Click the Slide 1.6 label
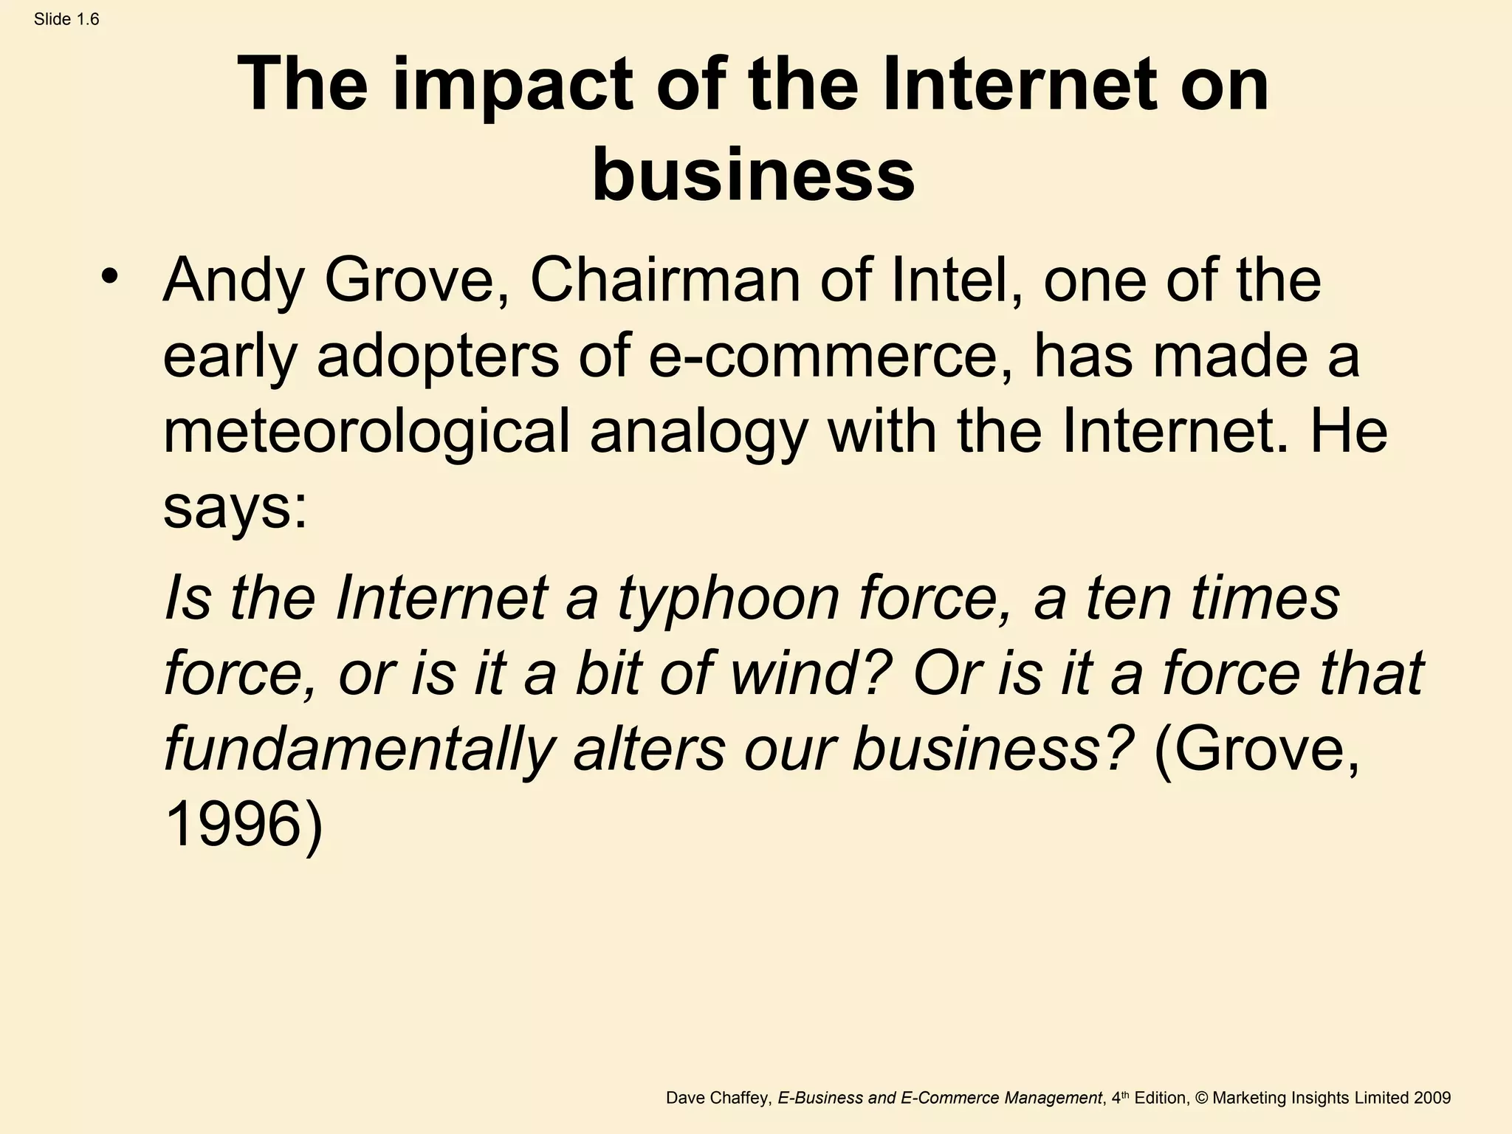pyautogui.click(x=66, y=20)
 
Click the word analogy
pyautogui.click(x=698, y=434)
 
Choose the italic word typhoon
pyautogui.click(x=728, y=599)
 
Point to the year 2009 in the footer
pyautogui.click(x=1432, y=1098)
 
